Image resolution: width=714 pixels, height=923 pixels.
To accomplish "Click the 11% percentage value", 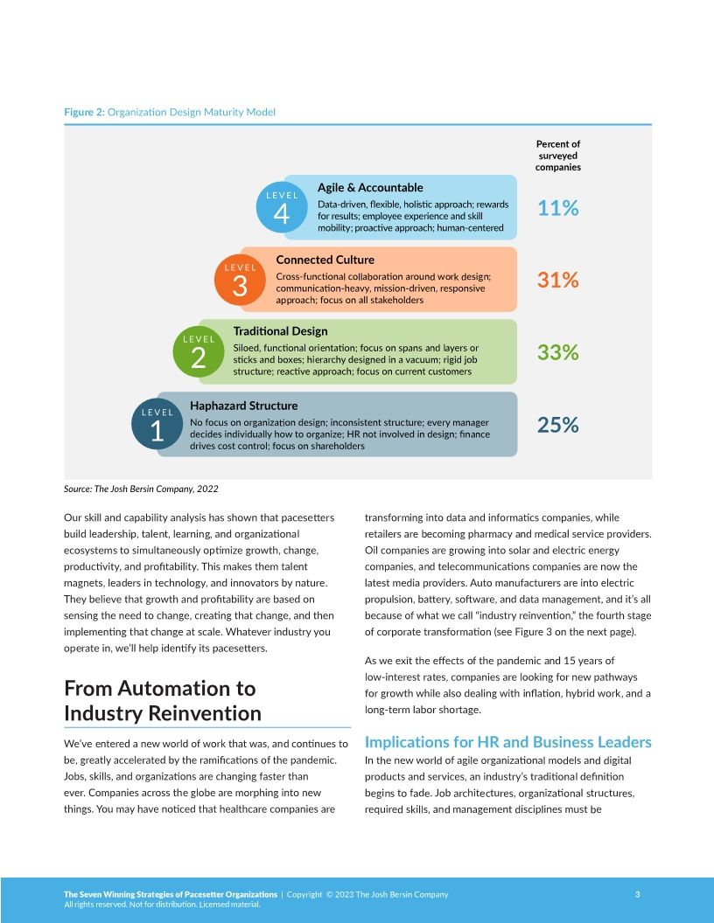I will [557, 208].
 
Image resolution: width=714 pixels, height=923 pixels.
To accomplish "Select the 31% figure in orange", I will [557, 280].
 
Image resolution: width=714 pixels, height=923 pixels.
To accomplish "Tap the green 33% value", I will [557, 352].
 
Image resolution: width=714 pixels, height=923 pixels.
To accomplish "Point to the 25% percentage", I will [557, 425].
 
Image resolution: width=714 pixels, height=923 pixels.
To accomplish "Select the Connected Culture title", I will [325, 260].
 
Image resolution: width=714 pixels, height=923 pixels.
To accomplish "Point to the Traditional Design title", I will [280, 331].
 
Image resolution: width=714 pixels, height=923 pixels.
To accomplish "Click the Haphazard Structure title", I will [243, 406].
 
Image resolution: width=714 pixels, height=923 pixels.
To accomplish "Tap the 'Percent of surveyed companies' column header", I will [557, 156].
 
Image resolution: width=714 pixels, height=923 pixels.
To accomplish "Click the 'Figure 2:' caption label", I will [84, 112].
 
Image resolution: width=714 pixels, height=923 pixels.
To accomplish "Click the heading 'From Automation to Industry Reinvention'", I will [163, 701].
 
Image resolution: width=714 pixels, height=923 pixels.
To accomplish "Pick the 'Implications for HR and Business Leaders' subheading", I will [507, 742].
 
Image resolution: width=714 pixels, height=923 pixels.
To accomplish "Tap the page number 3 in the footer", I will [637, 894].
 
